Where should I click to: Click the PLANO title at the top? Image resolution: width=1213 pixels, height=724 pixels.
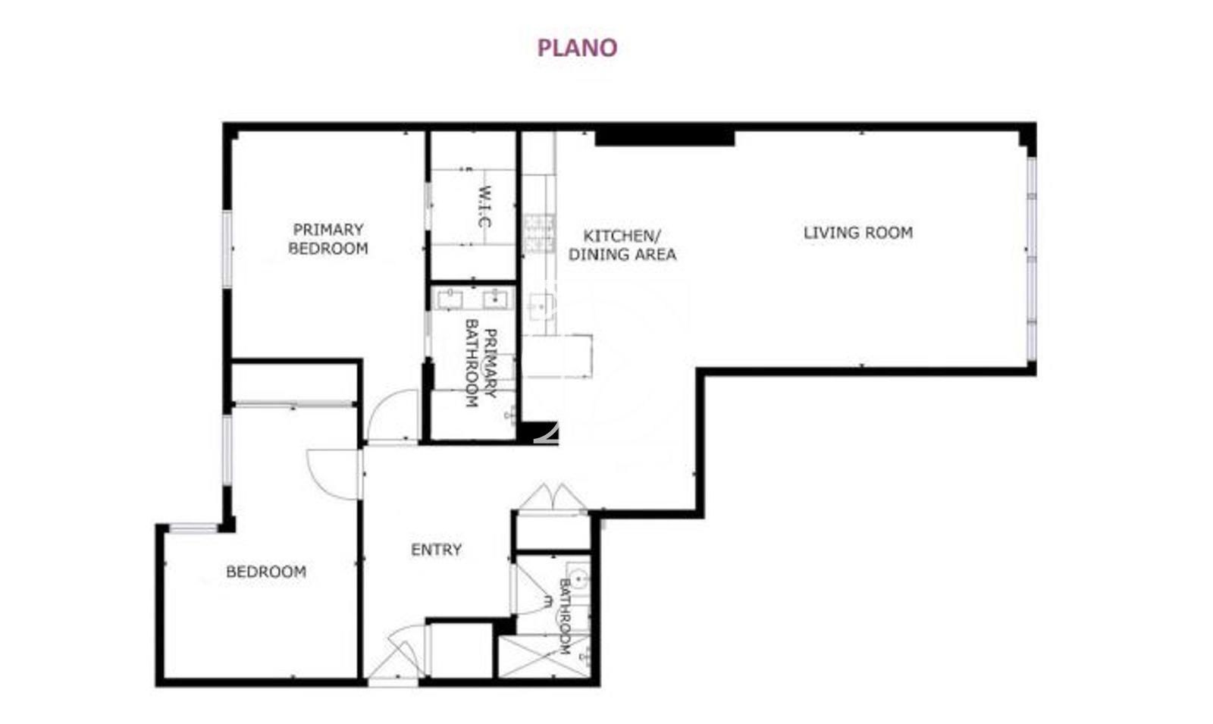click(577, 48)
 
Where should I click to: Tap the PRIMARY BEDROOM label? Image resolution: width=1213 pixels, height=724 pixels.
click(328, 239)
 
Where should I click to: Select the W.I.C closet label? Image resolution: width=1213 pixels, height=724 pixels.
click(484, 207)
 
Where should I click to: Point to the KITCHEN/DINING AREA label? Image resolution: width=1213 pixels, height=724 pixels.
click(622, 246)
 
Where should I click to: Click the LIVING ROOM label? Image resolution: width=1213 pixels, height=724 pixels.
click(857, 233)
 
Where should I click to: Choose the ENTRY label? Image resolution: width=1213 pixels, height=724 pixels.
click(436, 550)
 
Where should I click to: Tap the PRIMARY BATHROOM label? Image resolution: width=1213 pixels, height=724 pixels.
click(481, 363)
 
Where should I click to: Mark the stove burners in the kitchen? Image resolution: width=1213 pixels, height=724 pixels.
click(539, 234)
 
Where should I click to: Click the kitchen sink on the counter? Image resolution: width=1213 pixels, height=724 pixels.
click(541, 306)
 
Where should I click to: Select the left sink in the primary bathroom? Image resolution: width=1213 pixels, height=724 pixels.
click(450, 299)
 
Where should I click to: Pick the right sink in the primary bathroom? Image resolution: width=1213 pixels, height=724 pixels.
click(496, 299)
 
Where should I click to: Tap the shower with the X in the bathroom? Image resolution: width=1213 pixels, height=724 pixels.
click(544, 657)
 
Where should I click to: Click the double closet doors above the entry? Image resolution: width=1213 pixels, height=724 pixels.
click(552, 497)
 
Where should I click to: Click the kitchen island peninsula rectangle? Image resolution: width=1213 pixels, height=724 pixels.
click(556, 356)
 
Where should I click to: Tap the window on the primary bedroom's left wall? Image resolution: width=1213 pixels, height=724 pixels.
click(227, 249)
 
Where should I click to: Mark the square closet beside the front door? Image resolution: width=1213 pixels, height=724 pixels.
click(462, 650)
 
